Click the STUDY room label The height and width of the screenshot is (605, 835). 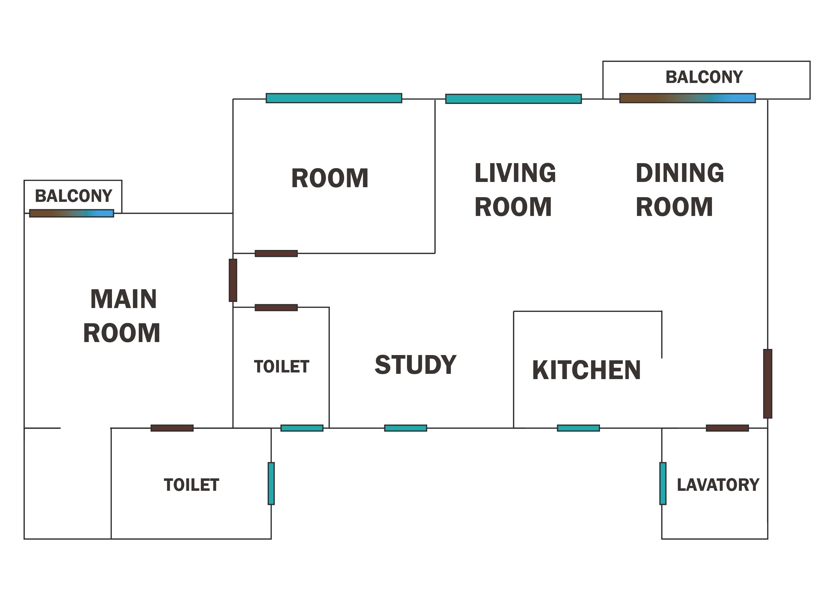pos(415,365)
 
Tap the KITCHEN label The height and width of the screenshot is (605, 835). pos(586,370)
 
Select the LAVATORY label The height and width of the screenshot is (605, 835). pos(718,485)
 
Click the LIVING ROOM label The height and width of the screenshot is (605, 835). pos(515,190)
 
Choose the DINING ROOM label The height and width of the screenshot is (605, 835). pos(680,190)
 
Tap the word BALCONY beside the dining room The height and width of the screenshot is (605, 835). pos(704,77)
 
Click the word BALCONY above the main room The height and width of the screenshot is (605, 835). pos(73,196)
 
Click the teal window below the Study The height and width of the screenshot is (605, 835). pos(406,428)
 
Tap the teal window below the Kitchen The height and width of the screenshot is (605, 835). pos(578,428)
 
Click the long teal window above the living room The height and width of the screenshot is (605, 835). pos(514,99)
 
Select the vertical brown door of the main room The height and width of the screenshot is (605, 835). pos(233,280)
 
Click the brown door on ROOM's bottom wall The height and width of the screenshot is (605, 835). pos(276,253)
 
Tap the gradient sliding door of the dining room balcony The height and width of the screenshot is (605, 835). pos(687,98)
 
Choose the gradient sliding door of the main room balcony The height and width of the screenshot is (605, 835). pos(71,213)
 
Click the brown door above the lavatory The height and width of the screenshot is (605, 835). pos(727,428)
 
